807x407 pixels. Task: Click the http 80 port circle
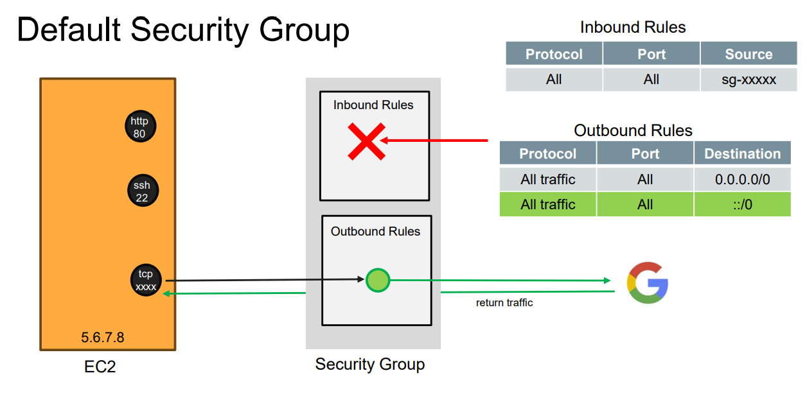pos(140,128)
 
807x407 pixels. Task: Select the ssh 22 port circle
pos(142,191)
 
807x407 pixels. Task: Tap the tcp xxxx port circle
pos(146,281)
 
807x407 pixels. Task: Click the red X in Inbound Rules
pos(366,141)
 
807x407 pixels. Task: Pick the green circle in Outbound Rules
pos(378,281)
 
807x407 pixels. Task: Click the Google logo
pos(648,282)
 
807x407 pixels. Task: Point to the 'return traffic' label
pos(504,302)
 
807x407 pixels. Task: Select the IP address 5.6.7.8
pos(103,337)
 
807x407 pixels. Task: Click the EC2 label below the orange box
pos(100,367)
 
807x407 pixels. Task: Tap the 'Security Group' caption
pos(370,365)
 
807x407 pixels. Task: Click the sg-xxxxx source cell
pos(749,80)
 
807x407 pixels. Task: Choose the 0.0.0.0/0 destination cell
pos(742,180)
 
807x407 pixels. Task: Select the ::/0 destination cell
pos(742,204)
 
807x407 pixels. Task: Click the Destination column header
pos(742,154)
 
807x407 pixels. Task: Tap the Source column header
pos(749,55)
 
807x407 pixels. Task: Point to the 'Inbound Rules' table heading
pos(633,28)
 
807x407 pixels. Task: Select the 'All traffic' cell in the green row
pos(548,204)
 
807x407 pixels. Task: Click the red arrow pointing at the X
pos(437,140)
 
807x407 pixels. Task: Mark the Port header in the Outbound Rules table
pos(645,154)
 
